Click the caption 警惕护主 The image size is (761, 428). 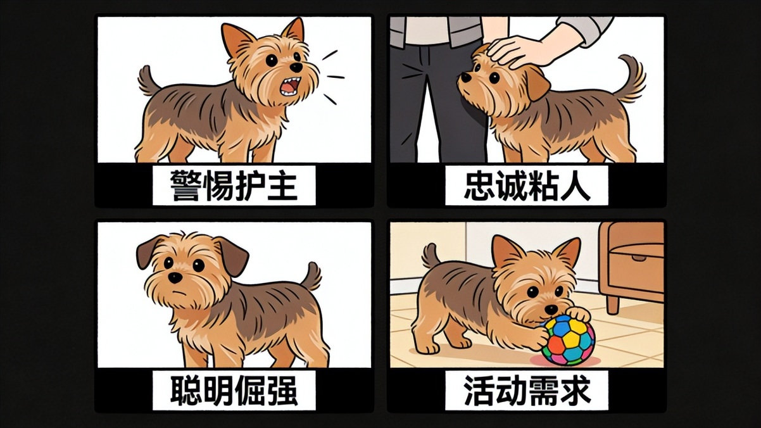tap(234, 186)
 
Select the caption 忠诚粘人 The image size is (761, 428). tap(527, 186)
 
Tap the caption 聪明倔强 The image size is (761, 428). tap(234, 390)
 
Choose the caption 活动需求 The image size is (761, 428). tap(527, 390)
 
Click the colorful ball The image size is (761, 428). tap(568, 340)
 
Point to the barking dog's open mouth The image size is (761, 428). tap(290, 86)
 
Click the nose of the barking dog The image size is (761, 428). tap(296, 67)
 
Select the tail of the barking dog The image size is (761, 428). tap(148, 81)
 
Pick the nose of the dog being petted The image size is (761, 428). tap(464, 78)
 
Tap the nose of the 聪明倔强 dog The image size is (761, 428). tap(175, 277)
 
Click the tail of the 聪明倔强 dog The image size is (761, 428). tap(311, 277)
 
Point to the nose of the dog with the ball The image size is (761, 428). tap(551, 309)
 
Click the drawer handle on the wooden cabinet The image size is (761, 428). tap(639, 258)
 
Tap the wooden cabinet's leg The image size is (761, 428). tap(613, 305)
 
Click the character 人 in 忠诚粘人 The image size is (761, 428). tap(575, 186)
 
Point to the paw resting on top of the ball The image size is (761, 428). tap(578, 314)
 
